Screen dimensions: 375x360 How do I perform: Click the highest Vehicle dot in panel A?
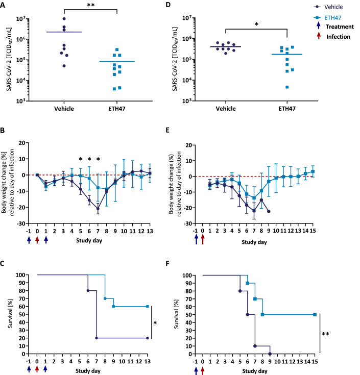(x=64, y=19)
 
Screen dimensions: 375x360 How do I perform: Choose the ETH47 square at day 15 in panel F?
(x=315, y=314)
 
